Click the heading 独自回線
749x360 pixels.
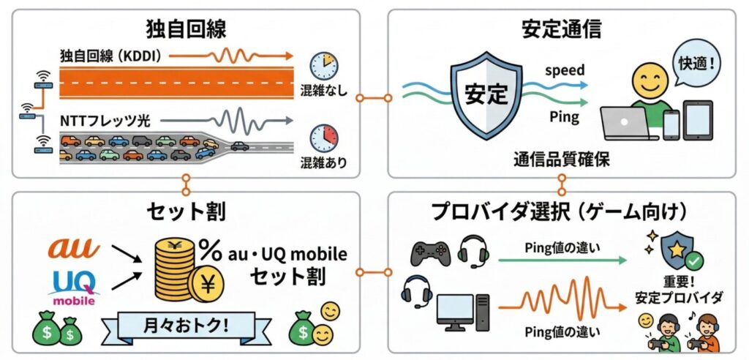click(186, 29)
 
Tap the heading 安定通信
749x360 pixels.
click(562, 29)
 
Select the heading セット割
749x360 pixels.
click(186, 212)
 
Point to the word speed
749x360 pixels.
click(565, 70)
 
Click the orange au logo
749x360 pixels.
click(72, 249)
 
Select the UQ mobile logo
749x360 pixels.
click(72, 287)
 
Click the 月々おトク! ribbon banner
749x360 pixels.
click(185, 323)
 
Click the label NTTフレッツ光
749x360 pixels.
click(105, 119)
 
